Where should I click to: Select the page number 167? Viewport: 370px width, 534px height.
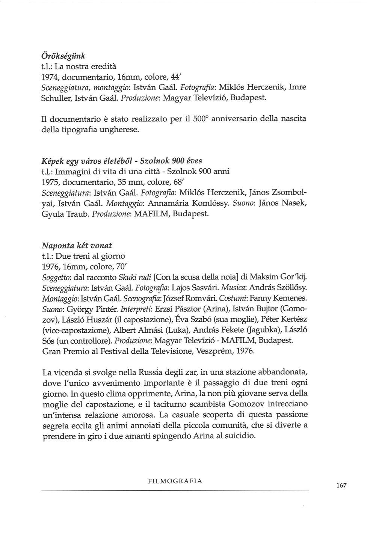(x=341, y=486)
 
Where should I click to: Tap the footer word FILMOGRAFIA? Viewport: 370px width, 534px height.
(x=175, y=481)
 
